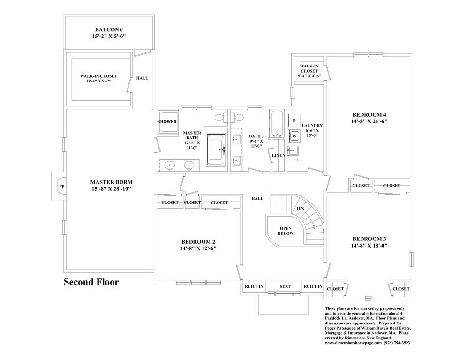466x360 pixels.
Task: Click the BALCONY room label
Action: tap(108, 29)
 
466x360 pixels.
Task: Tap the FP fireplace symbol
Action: tap(61, 186)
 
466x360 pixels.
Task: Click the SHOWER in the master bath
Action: tap(167, 122)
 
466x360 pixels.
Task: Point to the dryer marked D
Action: tap(293, 120)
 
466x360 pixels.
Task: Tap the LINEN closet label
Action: tap(278, 155)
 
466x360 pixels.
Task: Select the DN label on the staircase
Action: tap(301, 209)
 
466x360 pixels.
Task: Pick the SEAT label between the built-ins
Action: tap(285, 286)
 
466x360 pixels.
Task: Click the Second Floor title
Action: tap(91, 282)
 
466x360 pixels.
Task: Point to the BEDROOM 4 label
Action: tap(369, 114)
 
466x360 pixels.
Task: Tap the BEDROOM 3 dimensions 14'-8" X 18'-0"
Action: tap(369, 245)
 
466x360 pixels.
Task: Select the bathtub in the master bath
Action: tap(216, 150)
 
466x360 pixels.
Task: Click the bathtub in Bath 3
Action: tap(275, 124)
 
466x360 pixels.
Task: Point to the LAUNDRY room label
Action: tap(312, 126)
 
